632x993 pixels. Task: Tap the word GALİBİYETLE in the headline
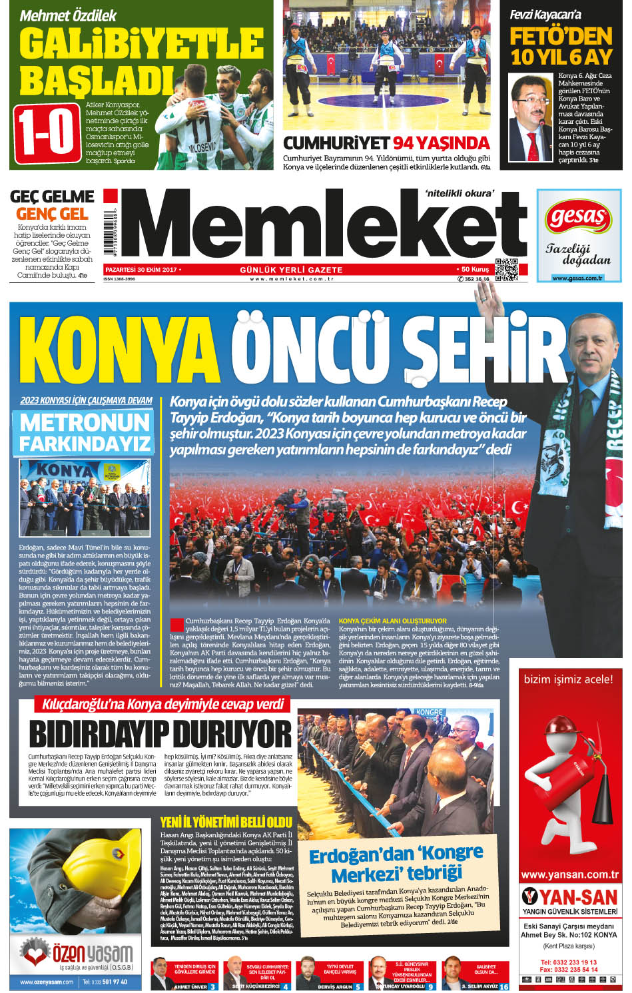(141, 43)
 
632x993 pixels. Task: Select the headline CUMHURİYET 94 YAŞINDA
(386, 143)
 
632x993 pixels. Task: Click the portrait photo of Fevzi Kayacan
(530, 117)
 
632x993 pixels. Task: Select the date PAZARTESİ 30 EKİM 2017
(141, 269)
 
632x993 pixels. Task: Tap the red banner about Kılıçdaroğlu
(163, 704)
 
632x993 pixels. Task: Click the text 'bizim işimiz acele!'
(568, 679)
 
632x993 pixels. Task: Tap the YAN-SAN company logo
(569, 897)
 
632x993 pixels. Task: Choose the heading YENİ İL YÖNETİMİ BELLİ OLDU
(226, 822)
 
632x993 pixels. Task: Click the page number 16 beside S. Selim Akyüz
(503, 986)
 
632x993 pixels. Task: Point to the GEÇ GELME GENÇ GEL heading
(52, 204)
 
